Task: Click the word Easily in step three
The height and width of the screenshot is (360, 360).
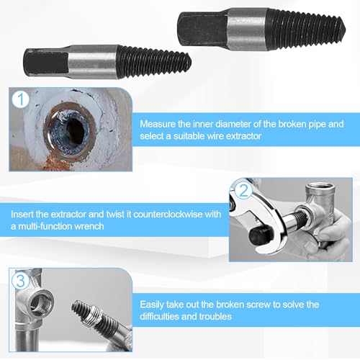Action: tap(153, 305)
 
